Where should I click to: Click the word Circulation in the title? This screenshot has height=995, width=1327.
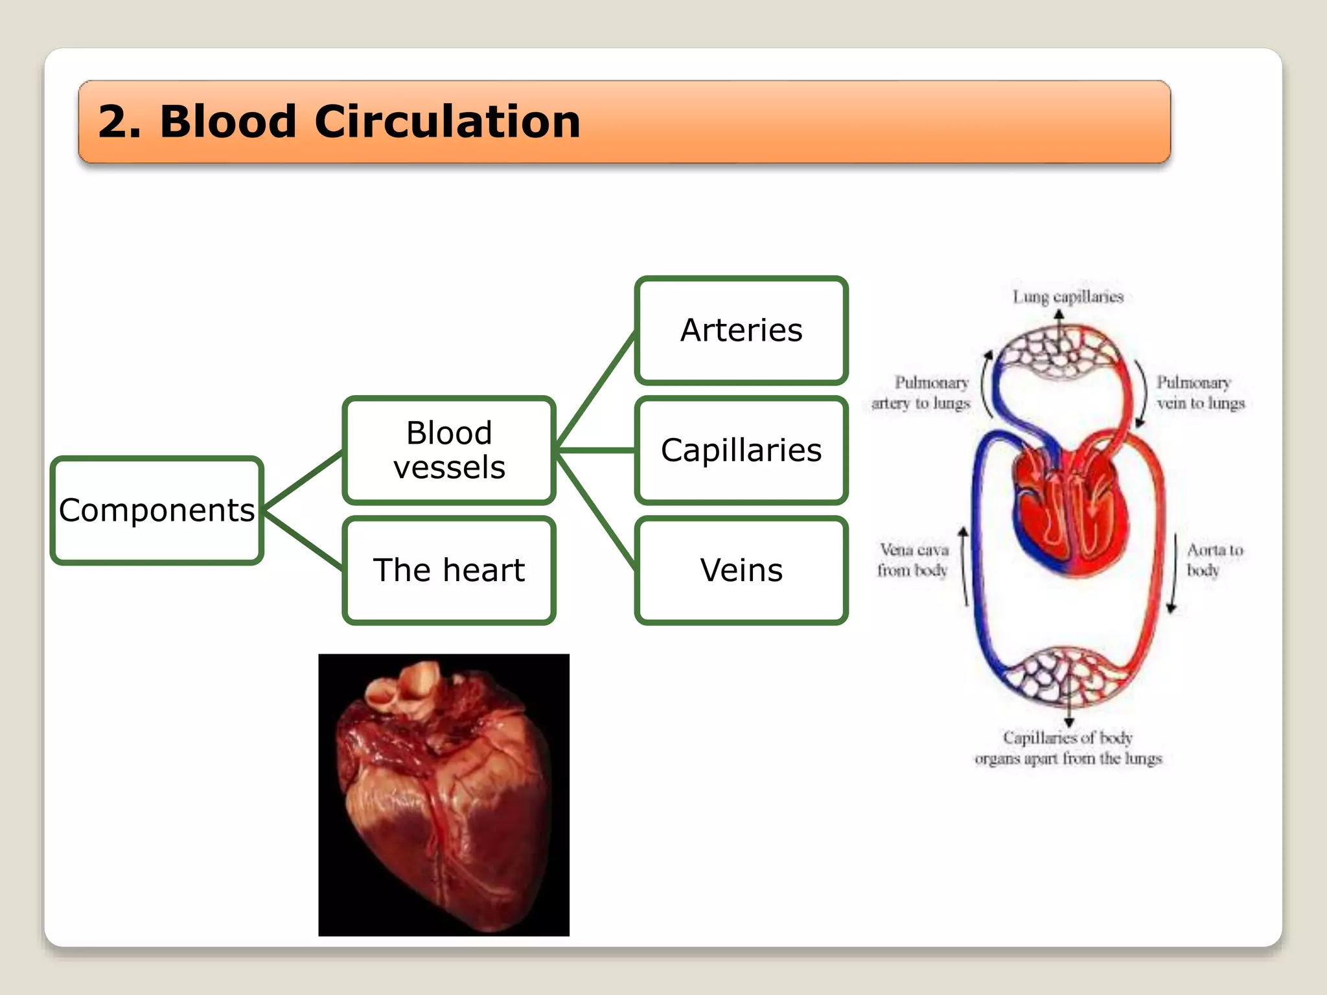pyautogui.click(x=447, y=122)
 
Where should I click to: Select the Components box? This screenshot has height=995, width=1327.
pyautogui.click(x=157, y=510)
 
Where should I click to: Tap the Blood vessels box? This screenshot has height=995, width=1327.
pyautogui.click(x=449, y=450)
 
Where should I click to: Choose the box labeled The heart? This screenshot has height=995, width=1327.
pyautogui.click(x=449, y=571)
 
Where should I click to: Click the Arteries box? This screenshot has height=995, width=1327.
pyautogui.click(x=741, y=330)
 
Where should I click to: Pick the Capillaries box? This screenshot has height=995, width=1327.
pyautogui.click(x=741, y=450)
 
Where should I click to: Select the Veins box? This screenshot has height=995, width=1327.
pyautogui.click(x=741, y=571)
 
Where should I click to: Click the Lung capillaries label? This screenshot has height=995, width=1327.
pyautogui.click(x=1068, y=297)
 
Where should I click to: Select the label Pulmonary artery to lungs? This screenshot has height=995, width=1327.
pyautogui.click(x=921, y=393)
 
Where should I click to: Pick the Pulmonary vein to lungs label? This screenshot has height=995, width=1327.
pyautogui.click(x=1200, y=393)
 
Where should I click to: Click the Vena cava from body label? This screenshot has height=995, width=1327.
pyautogui.click(x=914, y=560)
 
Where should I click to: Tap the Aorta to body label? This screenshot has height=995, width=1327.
pyautogui.click(x=1214, y=560)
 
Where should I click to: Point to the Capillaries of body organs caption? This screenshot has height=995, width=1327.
pyautogui.click(x=1068, y=748)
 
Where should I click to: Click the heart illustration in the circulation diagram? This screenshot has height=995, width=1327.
pyautogui.click(x=1069, y=512)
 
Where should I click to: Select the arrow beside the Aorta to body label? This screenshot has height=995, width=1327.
pyautogui.click(x=1174, y=573)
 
